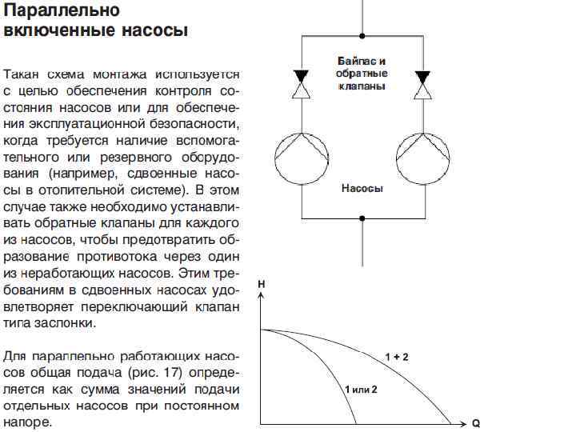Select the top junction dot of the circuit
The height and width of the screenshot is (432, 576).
tap(362, 36)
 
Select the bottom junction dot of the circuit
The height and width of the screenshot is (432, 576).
tap(362, 217)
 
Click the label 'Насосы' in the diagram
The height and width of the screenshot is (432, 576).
tap(362, 189)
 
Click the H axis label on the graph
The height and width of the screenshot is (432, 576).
tap(262, 284)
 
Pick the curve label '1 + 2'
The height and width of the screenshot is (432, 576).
tap(396, 357)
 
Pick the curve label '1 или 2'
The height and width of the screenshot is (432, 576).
tap(360, 389)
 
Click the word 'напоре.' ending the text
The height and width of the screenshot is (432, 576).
tap(28, 422)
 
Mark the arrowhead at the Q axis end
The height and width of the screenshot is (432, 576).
tap(463, 422)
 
